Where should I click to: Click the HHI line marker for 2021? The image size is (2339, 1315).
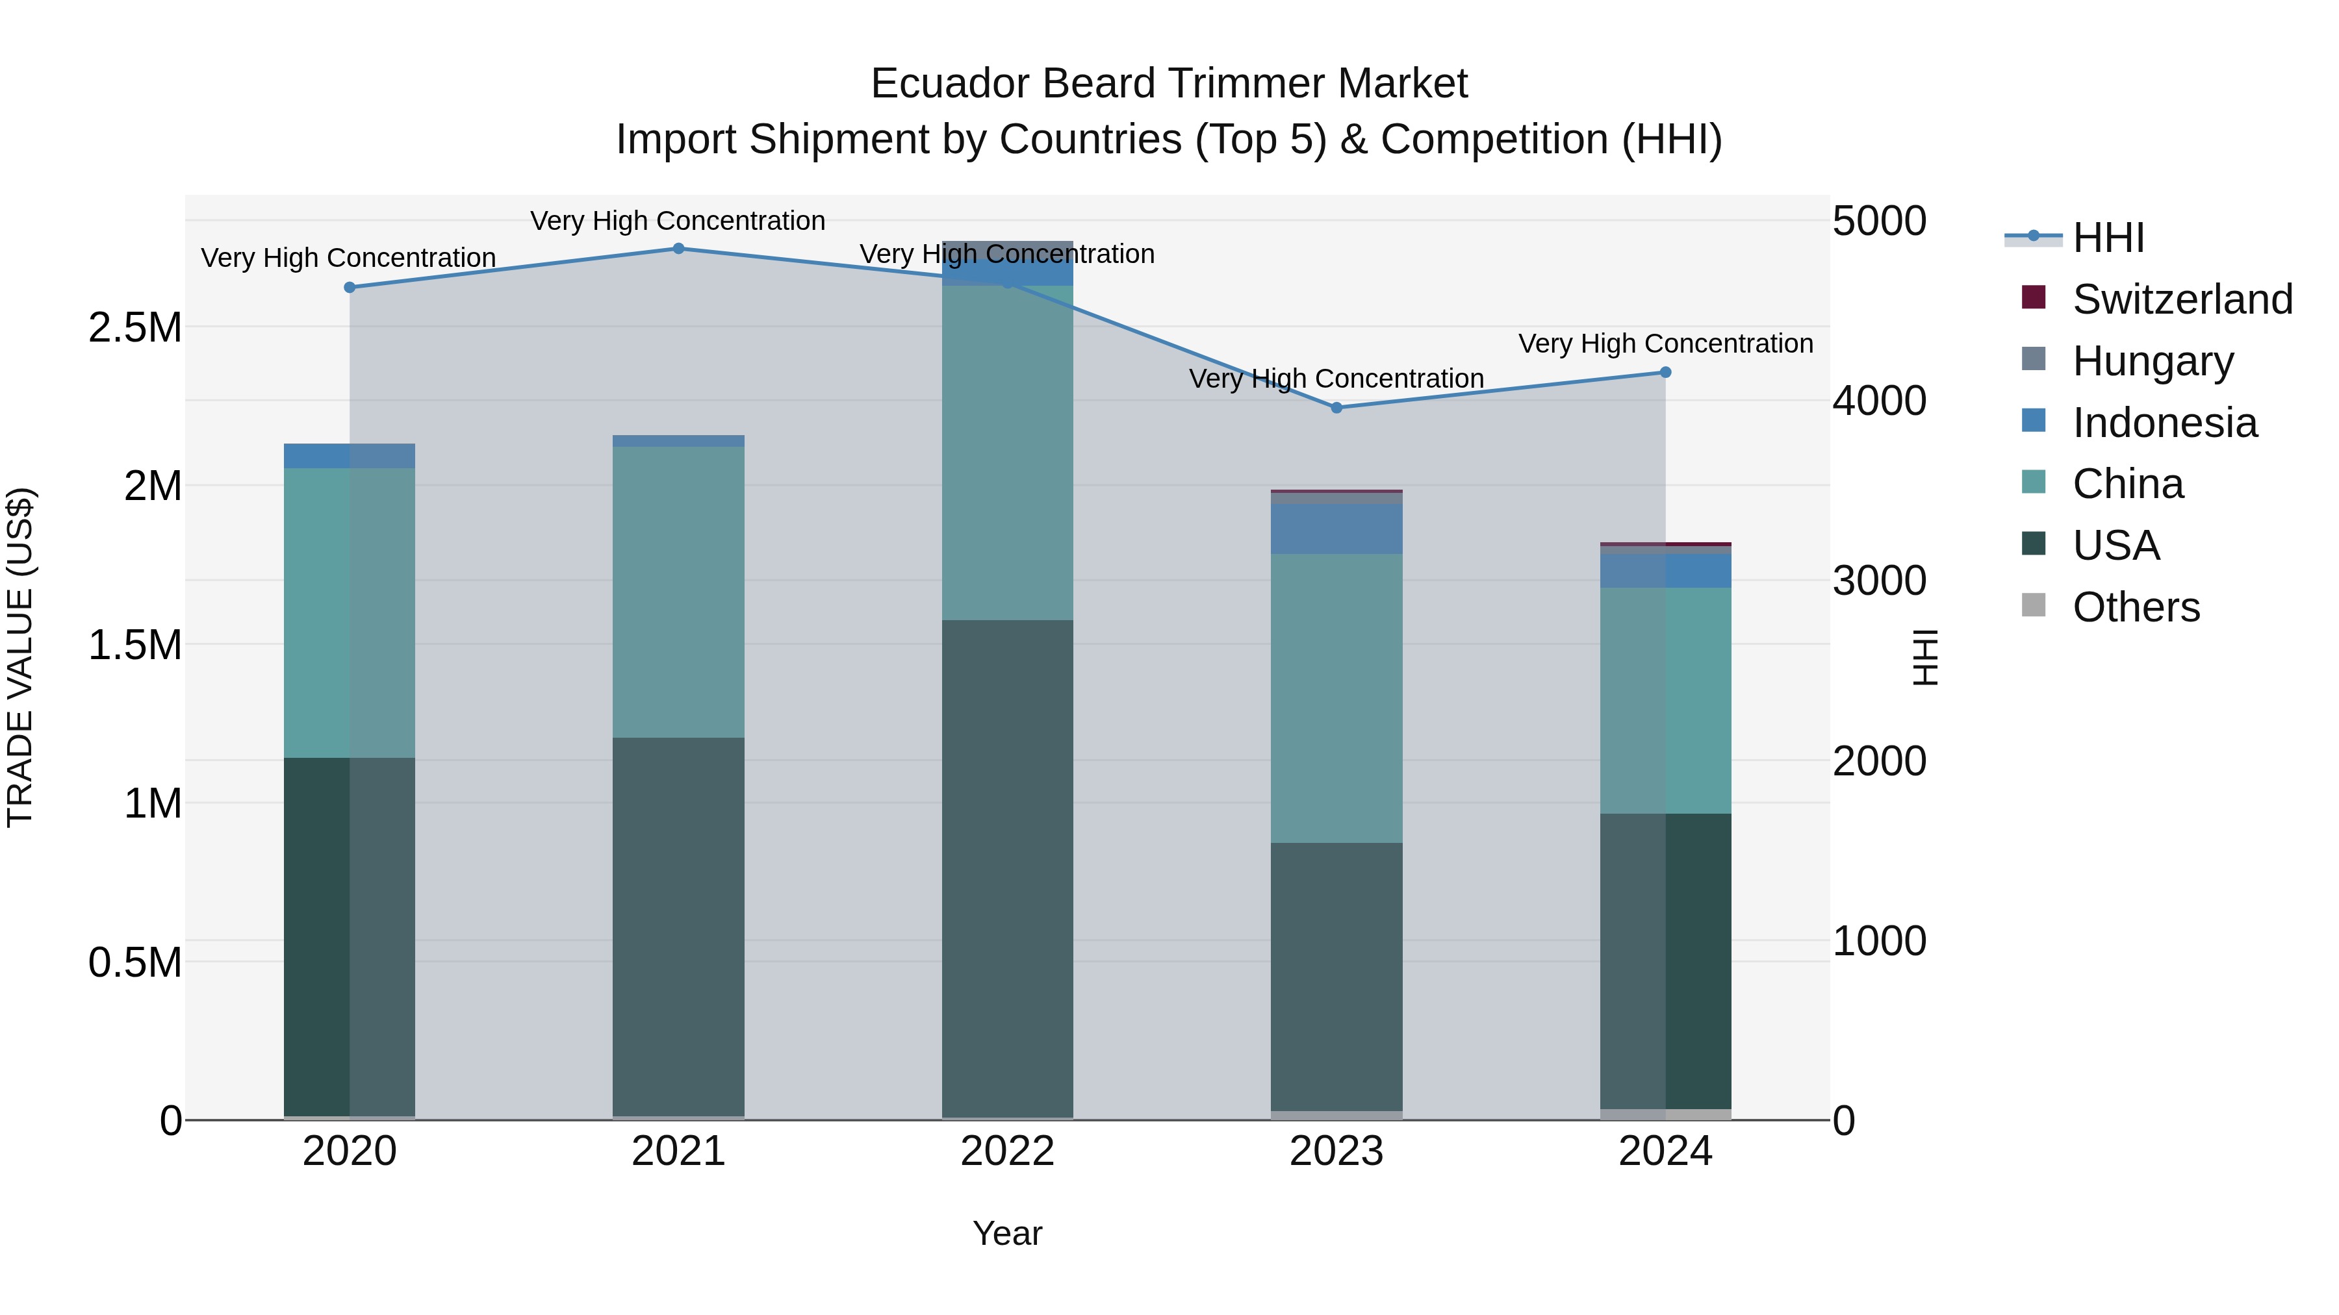678,249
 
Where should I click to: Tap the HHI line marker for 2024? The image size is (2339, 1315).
1665,372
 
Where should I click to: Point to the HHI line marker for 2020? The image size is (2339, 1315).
350,288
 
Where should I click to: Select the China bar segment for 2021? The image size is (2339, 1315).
678,592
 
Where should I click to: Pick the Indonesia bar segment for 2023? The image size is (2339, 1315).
1336,529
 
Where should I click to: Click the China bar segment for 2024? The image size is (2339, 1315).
1665,701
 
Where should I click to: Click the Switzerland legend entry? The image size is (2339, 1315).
2182,299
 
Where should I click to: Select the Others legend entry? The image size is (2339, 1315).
2136,607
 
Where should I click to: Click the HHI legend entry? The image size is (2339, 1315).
2108,238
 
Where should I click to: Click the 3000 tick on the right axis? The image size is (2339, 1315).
1878,581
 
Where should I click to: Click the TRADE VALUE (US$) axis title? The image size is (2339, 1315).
20,657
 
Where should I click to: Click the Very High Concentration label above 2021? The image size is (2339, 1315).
678,221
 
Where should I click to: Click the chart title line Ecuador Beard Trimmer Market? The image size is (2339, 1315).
1169,84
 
